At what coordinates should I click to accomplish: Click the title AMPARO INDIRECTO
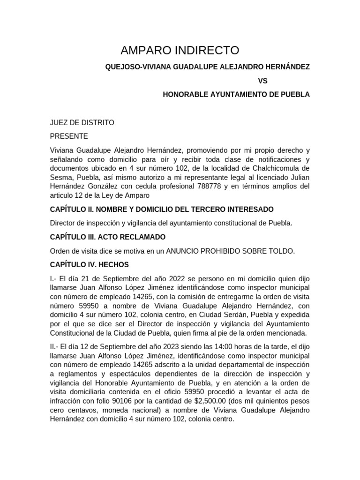tap(180, 51)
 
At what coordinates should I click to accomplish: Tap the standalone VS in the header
tap(262, 81)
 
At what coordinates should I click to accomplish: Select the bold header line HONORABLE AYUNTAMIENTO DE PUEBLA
tap(236, 94)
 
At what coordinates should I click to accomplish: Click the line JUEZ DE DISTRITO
tap(82, 123)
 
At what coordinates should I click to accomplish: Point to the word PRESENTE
tap(68, 136)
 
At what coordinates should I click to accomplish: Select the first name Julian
tap(298, 178)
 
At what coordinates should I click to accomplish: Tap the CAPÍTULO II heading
tap(162, 209)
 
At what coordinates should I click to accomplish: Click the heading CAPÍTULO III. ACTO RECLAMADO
tap(107, 237)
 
